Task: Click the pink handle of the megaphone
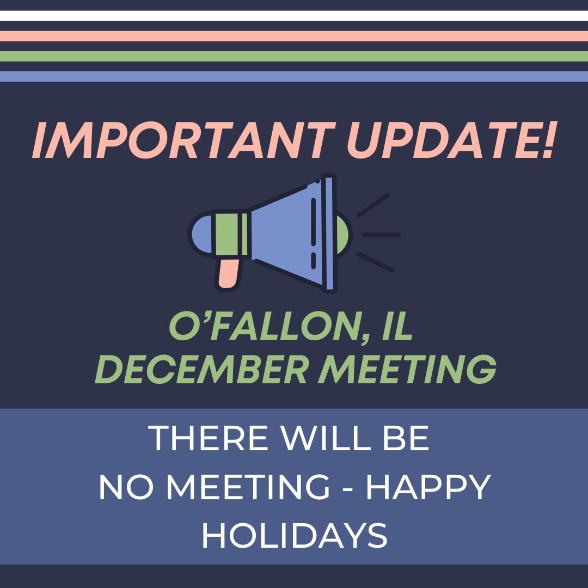click(x=228, y=272)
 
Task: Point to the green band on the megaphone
click(x=231, y=235)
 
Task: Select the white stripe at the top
click(x=294, y=16)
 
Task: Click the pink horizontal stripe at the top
click(x=294, y=36)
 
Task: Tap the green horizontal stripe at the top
click(x=294, y=56)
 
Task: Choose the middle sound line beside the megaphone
click(x=381, y=235)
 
